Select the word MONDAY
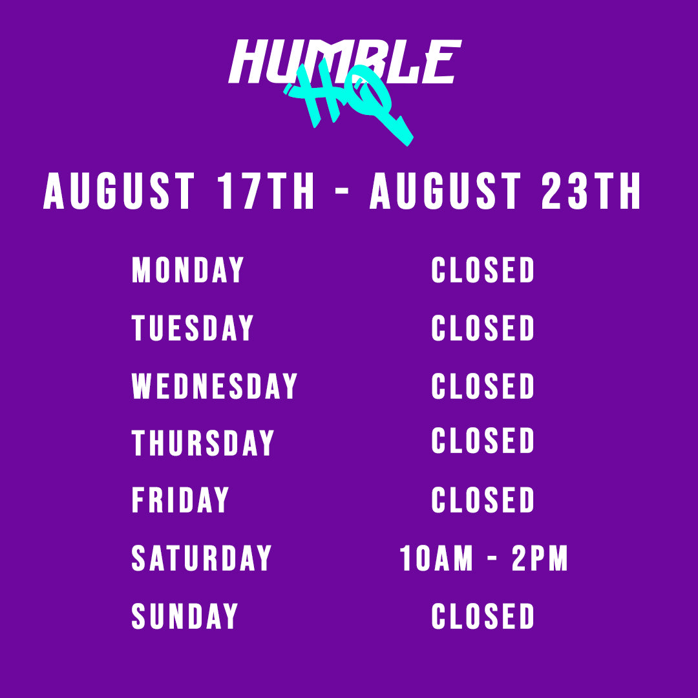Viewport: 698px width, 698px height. (x=188, y=270)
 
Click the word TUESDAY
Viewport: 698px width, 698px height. (x=193, y=328)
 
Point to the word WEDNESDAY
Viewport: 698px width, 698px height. (x=214, y=385)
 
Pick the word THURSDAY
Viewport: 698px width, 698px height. (x=202, y=443)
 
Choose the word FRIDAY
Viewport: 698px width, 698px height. (x=180, y=500)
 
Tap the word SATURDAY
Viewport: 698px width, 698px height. (x=201, y=557)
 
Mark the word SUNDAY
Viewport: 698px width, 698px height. (x=185, y=616)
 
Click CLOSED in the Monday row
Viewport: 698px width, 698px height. (x=483, y=270)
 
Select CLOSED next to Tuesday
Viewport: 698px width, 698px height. (x=483, y=328)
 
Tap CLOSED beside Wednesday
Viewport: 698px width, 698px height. (x=483, y=385)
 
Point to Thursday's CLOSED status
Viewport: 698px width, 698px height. (x=483, y=440)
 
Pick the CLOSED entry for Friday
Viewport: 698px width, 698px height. (x=483, y=500)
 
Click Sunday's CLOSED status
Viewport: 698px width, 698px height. (x=483, y=616)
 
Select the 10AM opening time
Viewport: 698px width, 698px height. (x=436, y=557)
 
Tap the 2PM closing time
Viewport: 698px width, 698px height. (x=540, y=557)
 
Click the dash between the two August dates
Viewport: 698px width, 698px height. (x=341, y=191)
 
